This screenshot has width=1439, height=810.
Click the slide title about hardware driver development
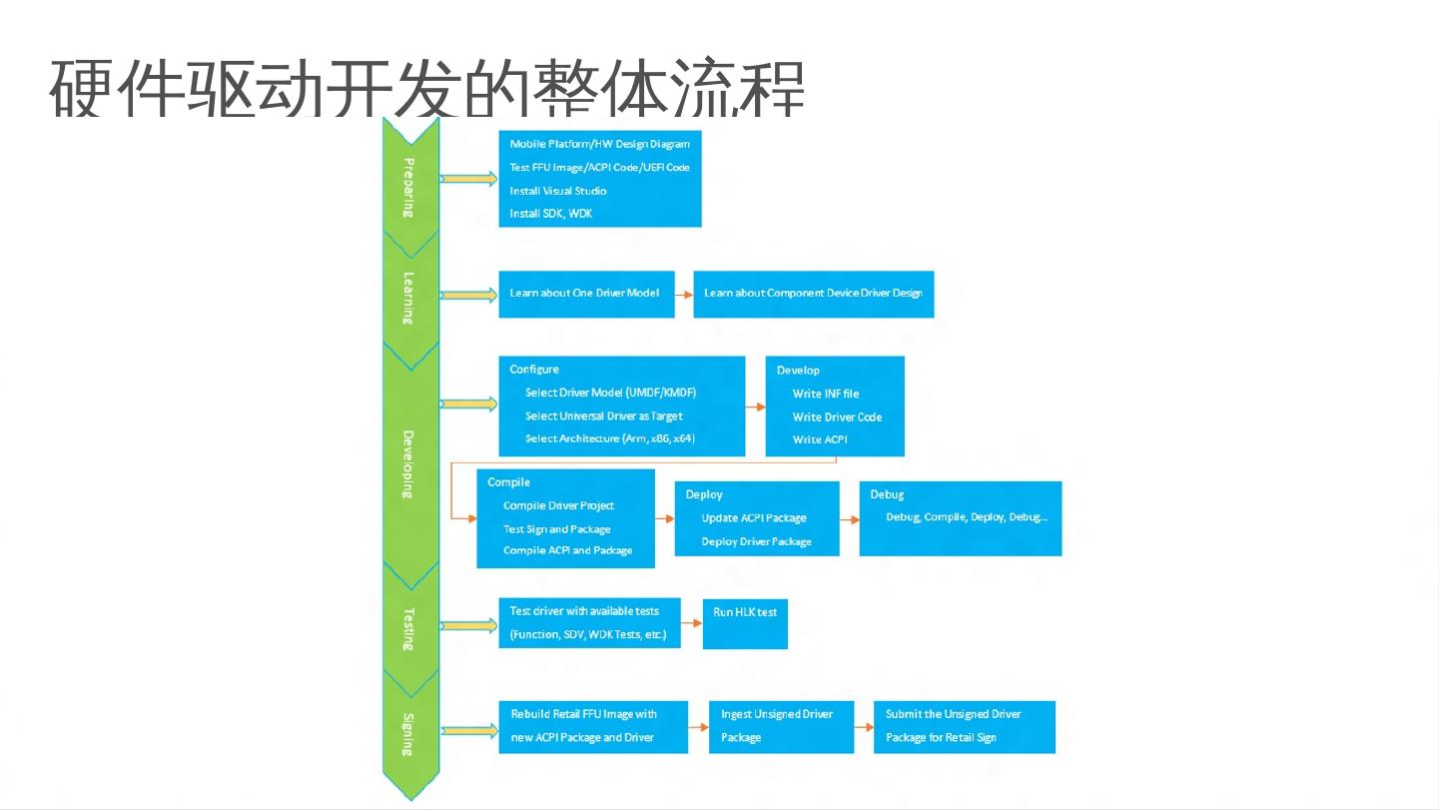[426, 88]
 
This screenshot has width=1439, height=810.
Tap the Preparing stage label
[409, 187]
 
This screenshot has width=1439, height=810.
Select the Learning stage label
[409, 297]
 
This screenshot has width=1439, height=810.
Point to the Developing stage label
[409, 463]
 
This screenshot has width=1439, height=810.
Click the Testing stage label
[409, 628]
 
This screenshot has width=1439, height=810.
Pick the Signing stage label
[409, 734]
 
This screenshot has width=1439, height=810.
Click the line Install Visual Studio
[557, 191]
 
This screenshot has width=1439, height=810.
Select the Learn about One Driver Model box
[586, 294]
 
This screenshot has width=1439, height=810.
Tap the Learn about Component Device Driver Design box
[813, 294]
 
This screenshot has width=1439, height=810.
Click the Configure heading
[534, 370]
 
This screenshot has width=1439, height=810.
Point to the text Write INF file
[825, 394]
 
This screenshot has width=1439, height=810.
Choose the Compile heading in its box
[508, 482]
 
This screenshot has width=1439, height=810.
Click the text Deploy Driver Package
[756, 541]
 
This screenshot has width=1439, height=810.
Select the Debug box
[960, 518]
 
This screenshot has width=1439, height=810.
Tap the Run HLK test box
[745, 623]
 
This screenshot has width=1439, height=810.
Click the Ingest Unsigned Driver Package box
[781, 726]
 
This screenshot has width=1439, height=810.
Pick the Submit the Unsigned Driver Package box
[964, 726]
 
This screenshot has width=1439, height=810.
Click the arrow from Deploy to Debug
[849, 520]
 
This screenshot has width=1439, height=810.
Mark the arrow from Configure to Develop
[755, 406]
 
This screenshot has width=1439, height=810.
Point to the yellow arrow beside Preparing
[468, 179]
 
